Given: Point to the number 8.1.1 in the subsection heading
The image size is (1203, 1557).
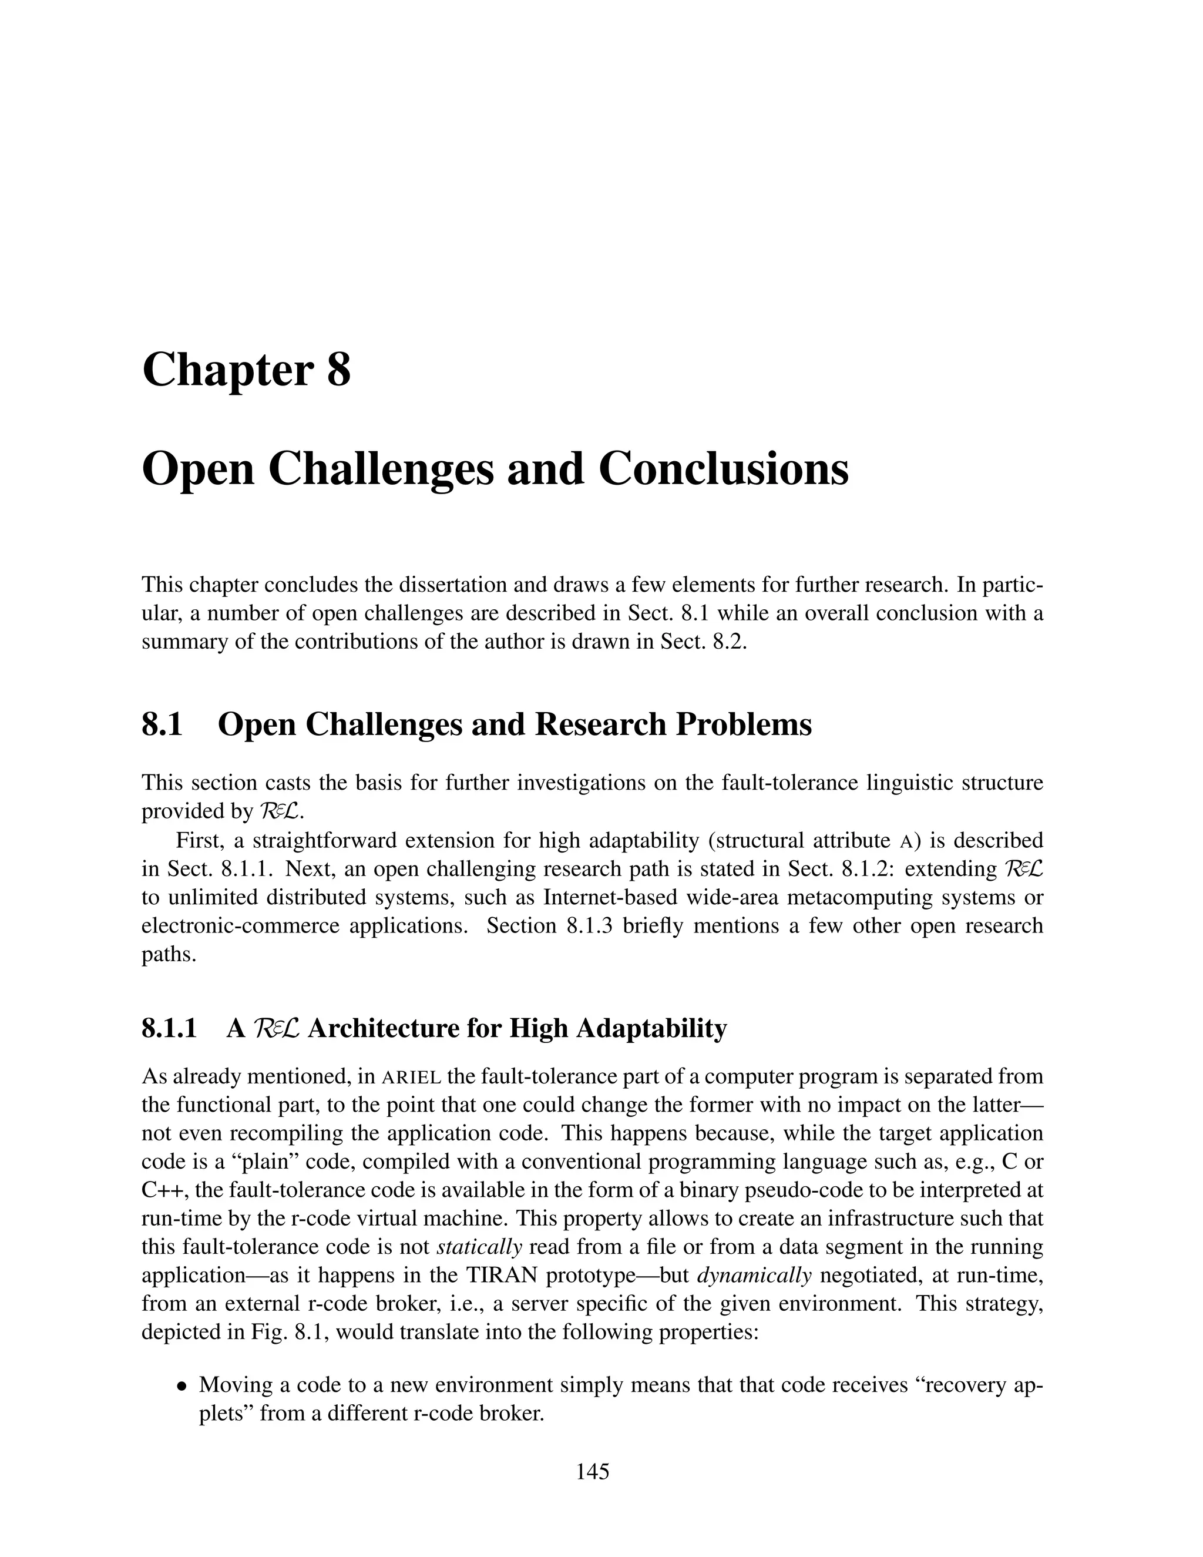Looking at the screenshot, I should pyautogui.click(x=170, y=1029).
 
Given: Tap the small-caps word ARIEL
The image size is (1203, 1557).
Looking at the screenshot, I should pyautogui.click(x=412, y=1076).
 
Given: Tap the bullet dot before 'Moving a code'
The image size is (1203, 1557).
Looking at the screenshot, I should pyautogui.click(x=183, y=1387).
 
